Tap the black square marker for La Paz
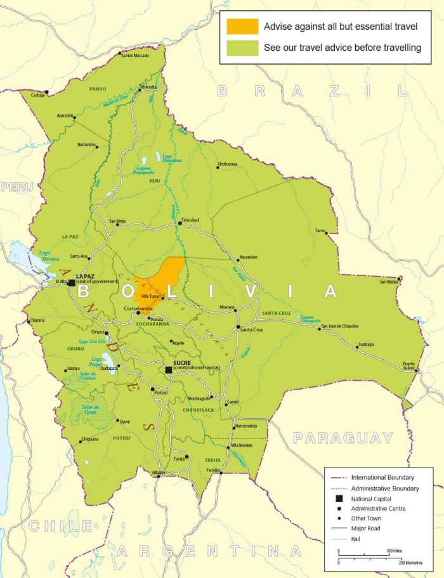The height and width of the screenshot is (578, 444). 71,282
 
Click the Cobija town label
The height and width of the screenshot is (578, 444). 38,95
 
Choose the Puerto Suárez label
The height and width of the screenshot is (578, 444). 409,365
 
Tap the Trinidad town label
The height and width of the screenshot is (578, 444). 190,220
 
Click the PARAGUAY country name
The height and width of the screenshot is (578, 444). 343,438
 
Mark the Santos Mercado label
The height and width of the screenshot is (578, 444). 134,56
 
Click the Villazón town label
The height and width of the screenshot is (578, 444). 157,473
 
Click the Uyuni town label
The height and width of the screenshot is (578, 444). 124,421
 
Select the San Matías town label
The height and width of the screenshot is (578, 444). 389,282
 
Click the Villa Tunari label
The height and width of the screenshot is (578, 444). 152,296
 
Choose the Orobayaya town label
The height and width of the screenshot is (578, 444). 227,164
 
